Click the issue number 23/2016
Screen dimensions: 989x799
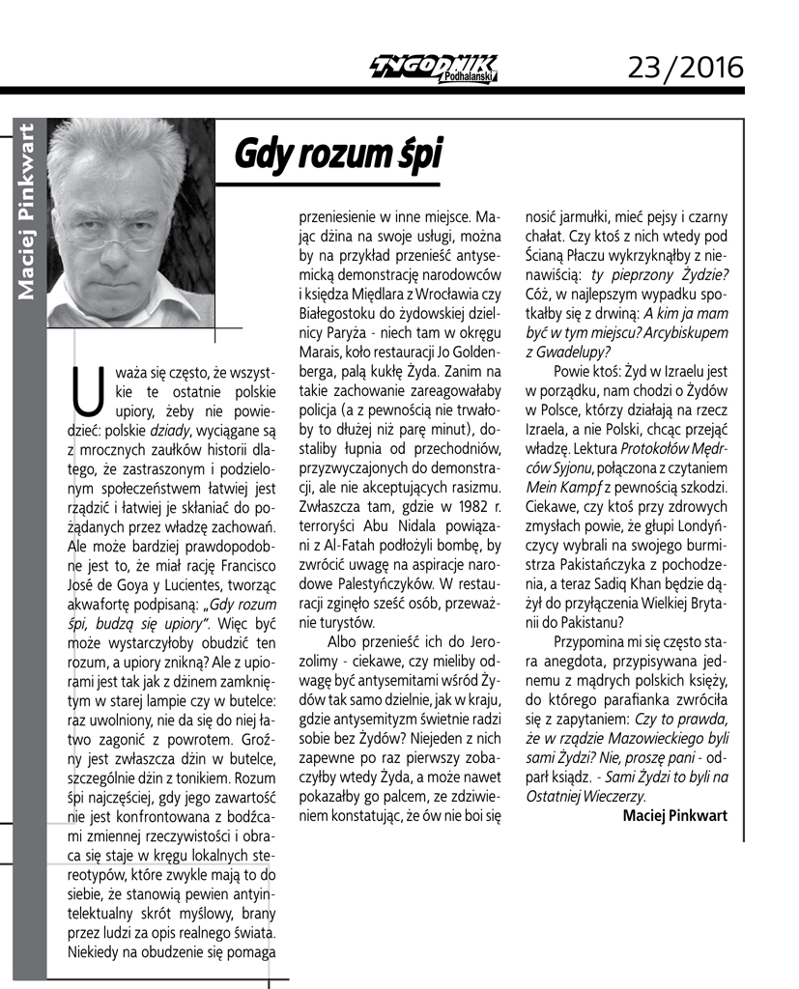[x=685, y=67]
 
